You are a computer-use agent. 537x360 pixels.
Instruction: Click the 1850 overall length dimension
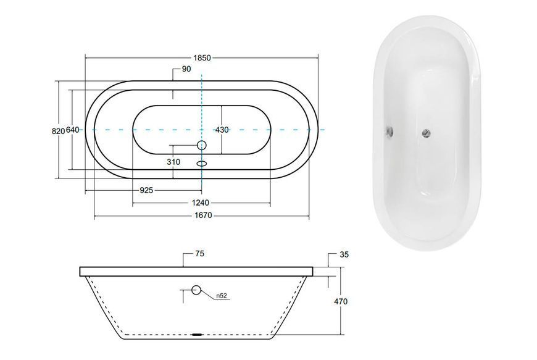coord(202,58)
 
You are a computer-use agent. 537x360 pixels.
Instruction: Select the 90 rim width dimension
coord(186,69)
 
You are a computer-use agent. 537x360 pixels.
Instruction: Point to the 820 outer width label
coord(58,131)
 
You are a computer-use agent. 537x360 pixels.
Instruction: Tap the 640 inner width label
coord(73,130)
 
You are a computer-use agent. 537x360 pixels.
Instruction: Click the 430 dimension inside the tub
coord(222,130)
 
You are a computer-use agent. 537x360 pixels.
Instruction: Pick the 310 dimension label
coord(173,162)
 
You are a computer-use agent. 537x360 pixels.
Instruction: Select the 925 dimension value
coord(146,190)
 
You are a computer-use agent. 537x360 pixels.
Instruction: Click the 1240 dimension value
coord(201,203)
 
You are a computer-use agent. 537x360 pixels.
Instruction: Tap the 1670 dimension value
coord(204,216)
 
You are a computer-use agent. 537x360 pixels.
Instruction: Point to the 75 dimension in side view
coord(199,253)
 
